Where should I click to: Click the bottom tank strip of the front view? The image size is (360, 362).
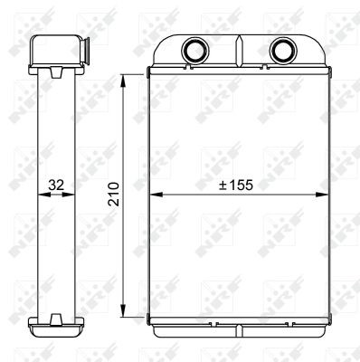coord(238,321)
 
